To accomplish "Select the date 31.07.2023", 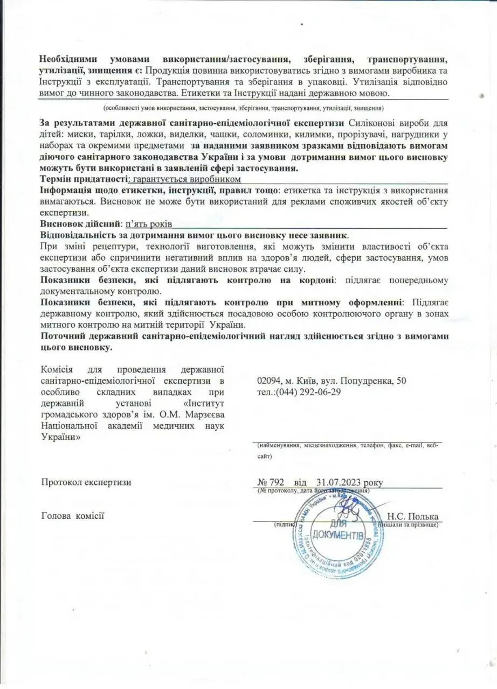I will click(340, 482).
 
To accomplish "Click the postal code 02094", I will click(270, 381).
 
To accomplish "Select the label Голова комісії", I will click(72, 516).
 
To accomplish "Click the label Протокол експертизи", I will click(86, 482).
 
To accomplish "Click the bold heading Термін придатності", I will click(84, 179).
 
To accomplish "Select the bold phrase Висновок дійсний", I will click(81, 223).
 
